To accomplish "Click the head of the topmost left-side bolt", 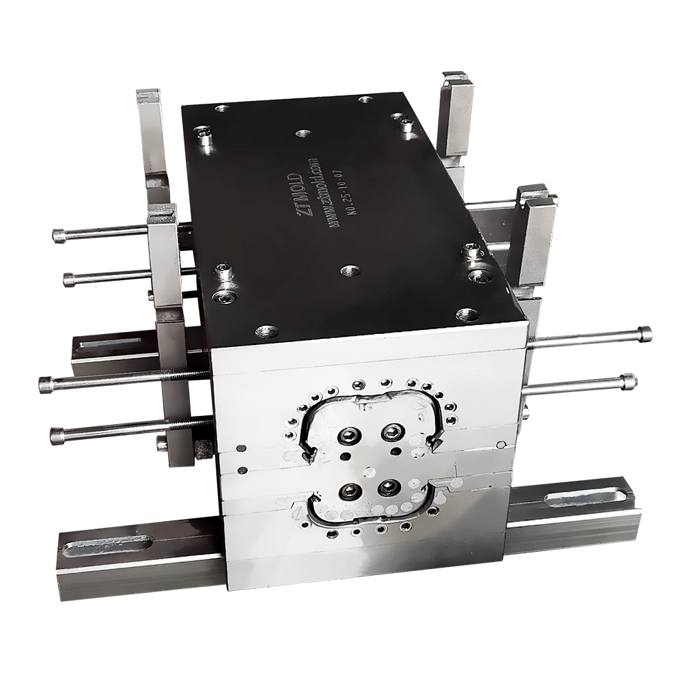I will tap(59, 236).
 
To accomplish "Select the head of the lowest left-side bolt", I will tap(57, 434).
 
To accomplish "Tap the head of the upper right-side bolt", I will tap(644, 334).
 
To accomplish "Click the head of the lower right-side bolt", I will tap(629, 381).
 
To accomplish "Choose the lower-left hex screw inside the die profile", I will tap(351, 491).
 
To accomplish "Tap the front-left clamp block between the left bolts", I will tap(164, 260).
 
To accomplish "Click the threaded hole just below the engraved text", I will tap(350, 270).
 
